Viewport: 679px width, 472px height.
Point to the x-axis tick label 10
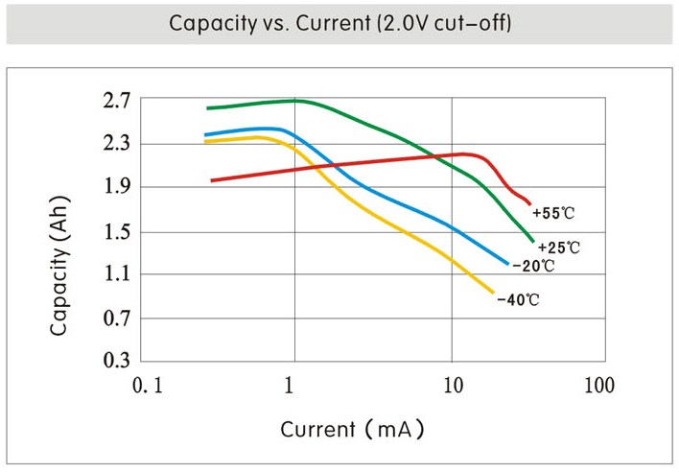[x=453, y=386]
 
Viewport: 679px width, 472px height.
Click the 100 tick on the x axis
[x=597, y=386]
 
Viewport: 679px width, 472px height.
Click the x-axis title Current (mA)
[x=352, y=428]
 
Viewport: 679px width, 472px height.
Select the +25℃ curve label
[x=559, y=247]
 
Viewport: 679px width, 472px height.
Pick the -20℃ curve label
[x=532, y=265]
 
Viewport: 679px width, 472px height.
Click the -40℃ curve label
[x=518, y=300]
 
